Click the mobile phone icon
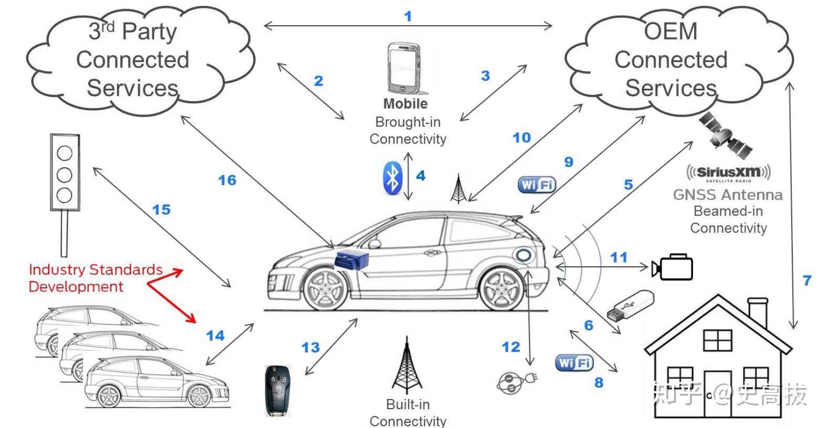(x=405, y=67)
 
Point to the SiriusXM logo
(x=728, y=172)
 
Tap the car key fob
(x=277, y=391)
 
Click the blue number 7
(x=807, y=280)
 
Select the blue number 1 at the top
(x=408, y=16)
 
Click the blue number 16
(x=227, y=180)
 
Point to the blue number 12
(x=511, y=347)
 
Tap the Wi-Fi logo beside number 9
(x=536, y=184)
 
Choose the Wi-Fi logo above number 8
(x=574, y=362)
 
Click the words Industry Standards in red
(x=96, y=270)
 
